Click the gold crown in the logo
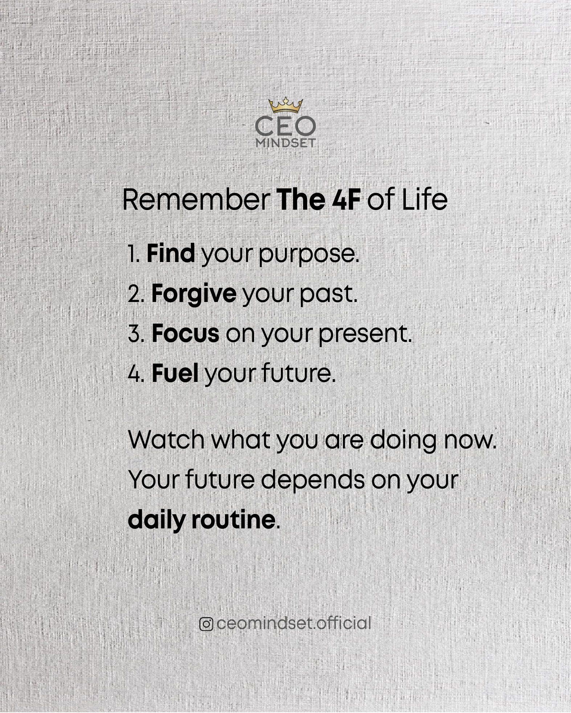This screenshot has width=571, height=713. pos(286,105)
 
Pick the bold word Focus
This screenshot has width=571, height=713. pos(185,334)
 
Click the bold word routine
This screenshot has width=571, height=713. pos(233,520)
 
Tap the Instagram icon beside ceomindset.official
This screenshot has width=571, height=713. pos(206,624)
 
